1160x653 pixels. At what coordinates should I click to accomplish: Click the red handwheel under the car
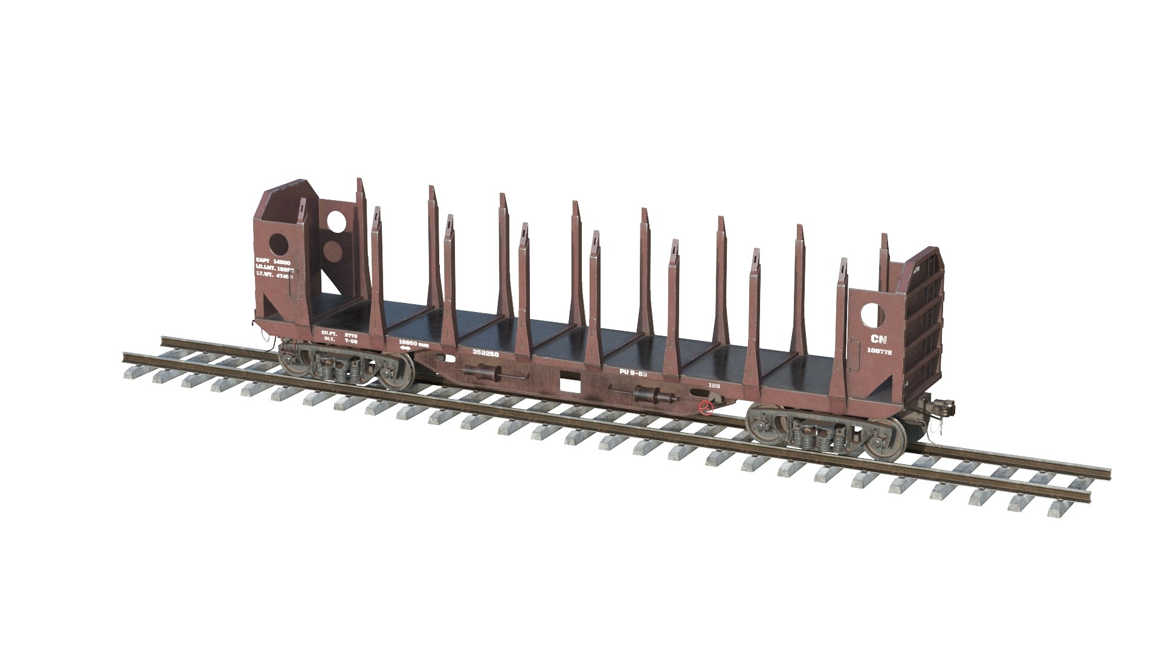tap(704, 408)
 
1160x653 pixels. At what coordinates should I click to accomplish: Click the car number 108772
tap(879, 351)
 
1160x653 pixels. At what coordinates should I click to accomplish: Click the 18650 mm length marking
tap(414, 343)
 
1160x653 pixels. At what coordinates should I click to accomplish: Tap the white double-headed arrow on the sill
tap(405, 348)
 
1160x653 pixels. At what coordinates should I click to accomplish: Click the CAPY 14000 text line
tap(273, 260)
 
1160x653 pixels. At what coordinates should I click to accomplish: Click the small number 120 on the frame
tap(714, 385)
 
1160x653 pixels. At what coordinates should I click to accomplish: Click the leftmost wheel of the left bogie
tap(292, 362)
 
